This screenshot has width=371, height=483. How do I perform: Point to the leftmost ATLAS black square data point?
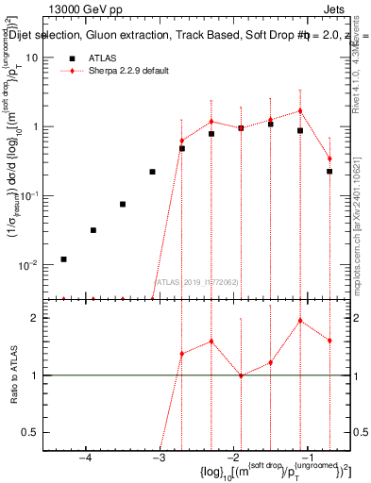point(63,258)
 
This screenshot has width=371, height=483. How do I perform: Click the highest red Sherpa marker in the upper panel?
point(300,110)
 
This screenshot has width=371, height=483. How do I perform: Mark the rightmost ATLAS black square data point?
point(329,171)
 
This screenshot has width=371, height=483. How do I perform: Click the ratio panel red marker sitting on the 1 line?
point(241,375)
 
